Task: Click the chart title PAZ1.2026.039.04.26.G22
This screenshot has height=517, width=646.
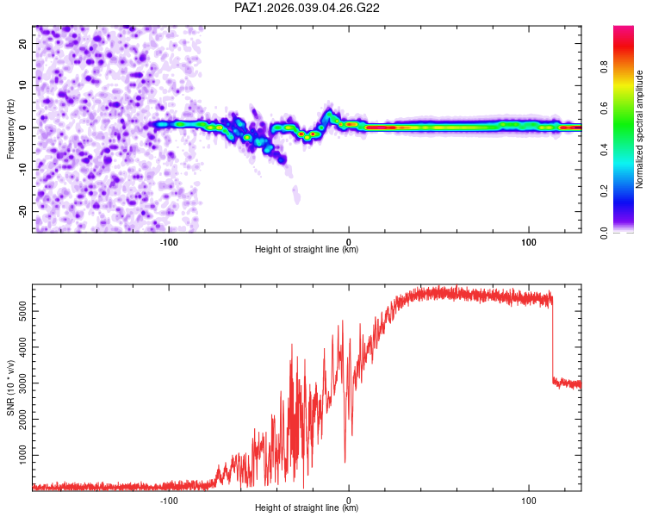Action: point(307,8)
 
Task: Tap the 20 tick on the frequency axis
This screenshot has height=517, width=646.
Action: point(23,42)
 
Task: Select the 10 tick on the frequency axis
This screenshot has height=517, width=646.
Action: point(23,84)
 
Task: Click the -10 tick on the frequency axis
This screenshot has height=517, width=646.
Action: point(22,169)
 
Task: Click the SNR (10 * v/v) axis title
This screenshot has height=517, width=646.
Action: point(10,388)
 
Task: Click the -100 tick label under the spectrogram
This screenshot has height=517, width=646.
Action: point(169,241)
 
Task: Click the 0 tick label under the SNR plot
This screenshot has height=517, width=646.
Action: point(349,500)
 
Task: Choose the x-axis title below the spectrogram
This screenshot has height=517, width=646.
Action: point(307,250)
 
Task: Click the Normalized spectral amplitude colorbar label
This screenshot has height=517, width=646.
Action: point(640,129)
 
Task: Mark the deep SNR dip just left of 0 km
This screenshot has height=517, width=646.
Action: point(345,461)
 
